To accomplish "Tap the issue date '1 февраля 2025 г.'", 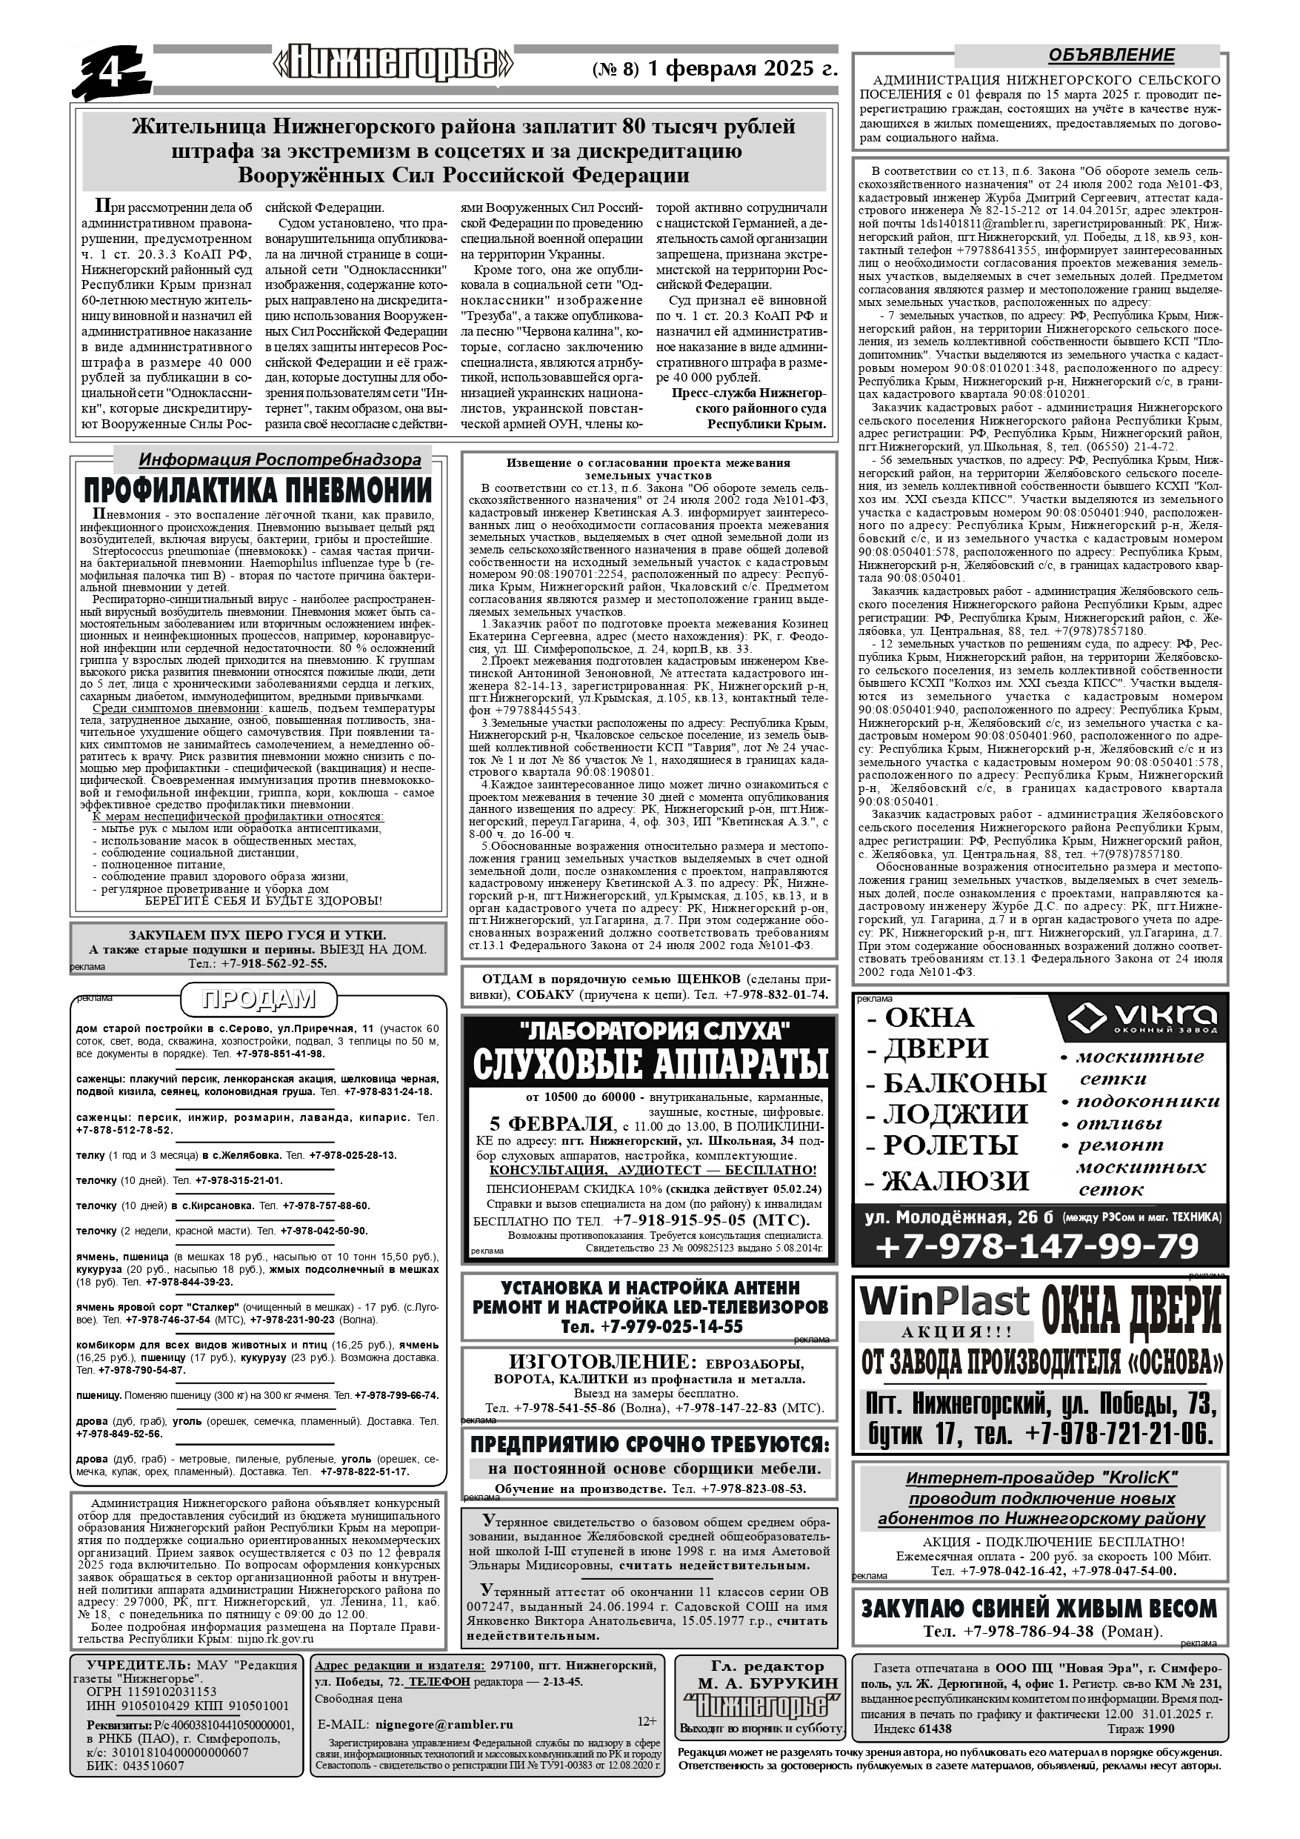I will [x=742, y=69].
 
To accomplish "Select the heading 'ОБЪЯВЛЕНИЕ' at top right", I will [x=1111, y=56].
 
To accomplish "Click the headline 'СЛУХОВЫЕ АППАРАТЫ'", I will [x=650, y=1063].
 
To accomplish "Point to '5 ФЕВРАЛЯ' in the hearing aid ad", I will [x=550, y=1123].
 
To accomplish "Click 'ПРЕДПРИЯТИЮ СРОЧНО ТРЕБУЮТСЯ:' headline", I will [x=649, y=1445].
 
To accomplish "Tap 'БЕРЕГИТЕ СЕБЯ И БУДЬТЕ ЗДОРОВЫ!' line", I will [x=264, y=900].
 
